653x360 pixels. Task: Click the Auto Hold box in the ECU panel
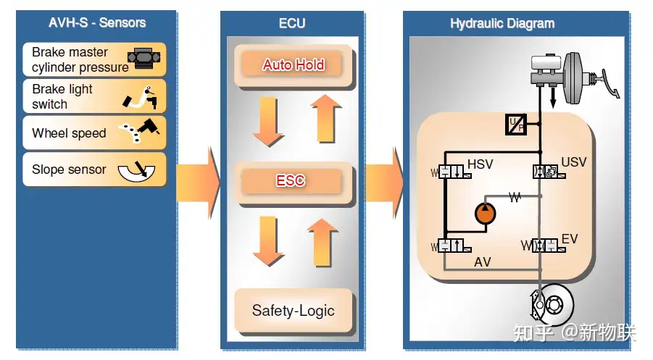(x=294, y=65)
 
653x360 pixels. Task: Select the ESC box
(x=294, y=181)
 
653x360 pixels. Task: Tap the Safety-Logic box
(x=294, y=311)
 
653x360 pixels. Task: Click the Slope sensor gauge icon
(x=136, y=170)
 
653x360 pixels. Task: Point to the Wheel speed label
(x=69, y=133)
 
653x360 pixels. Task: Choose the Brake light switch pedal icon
(x=141, y=97)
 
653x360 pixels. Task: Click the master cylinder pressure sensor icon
(x=144, y=58)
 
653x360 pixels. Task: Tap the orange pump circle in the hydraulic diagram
(x=485, y=213)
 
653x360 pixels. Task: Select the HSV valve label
(x=481, y=164)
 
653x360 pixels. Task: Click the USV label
(x=574, y=162)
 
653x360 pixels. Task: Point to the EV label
(x=570, y=239)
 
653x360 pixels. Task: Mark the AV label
(x=482, y=262)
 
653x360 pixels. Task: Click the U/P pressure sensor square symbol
(x=516, y=125)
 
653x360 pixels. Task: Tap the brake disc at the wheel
(x=554, y=305)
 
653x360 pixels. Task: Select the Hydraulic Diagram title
(x=502, y=24)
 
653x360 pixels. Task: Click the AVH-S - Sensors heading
(x=97, y=22)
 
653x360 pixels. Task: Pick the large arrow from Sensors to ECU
(x=199, y=183)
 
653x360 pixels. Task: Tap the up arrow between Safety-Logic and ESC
(x=323, y=243)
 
